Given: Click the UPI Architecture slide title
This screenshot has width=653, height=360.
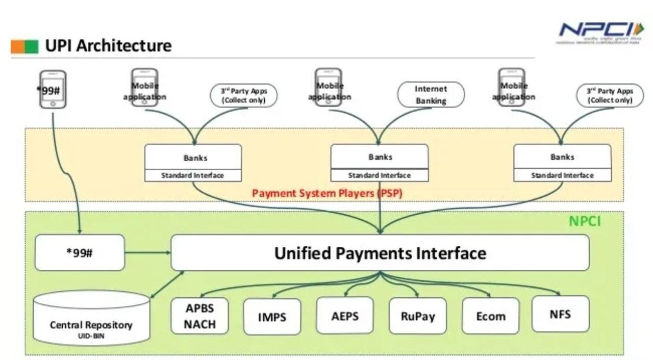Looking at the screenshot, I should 108,46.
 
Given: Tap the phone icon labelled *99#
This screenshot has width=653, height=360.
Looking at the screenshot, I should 53,89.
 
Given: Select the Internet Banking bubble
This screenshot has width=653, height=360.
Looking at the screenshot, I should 431,95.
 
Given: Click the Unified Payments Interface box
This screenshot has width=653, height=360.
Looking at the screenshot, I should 380,253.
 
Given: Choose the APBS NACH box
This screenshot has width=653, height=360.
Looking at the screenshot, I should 200,316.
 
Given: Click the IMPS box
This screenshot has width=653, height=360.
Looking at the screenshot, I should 272,317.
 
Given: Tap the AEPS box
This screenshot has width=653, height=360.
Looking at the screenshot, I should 345,316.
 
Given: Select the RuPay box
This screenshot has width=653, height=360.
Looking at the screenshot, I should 418,316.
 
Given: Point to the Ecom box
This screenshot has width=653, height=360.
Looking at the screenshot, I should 491,316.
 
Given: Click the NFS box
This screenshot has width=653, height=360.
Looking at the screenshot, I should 560,314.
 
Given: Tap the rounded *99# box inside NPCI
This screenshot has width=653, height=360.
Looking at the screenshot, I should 80,252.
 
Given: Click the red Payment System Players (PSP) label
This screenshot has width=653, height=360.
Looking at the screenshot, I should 327,194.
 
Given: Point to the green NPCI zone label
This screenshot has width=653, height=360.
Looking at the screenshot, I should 585,221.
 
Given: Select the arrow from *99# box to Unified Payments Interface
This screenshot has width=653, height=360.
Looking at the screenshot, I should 148,252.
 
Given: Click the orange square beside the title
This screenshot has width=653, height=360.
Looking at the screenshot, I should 18,46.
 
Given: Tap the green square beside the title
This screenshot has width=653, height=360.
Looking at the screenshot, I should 32,46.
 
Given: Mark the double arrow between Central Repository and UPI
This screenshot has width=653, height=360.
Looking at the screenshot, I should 167,284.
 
